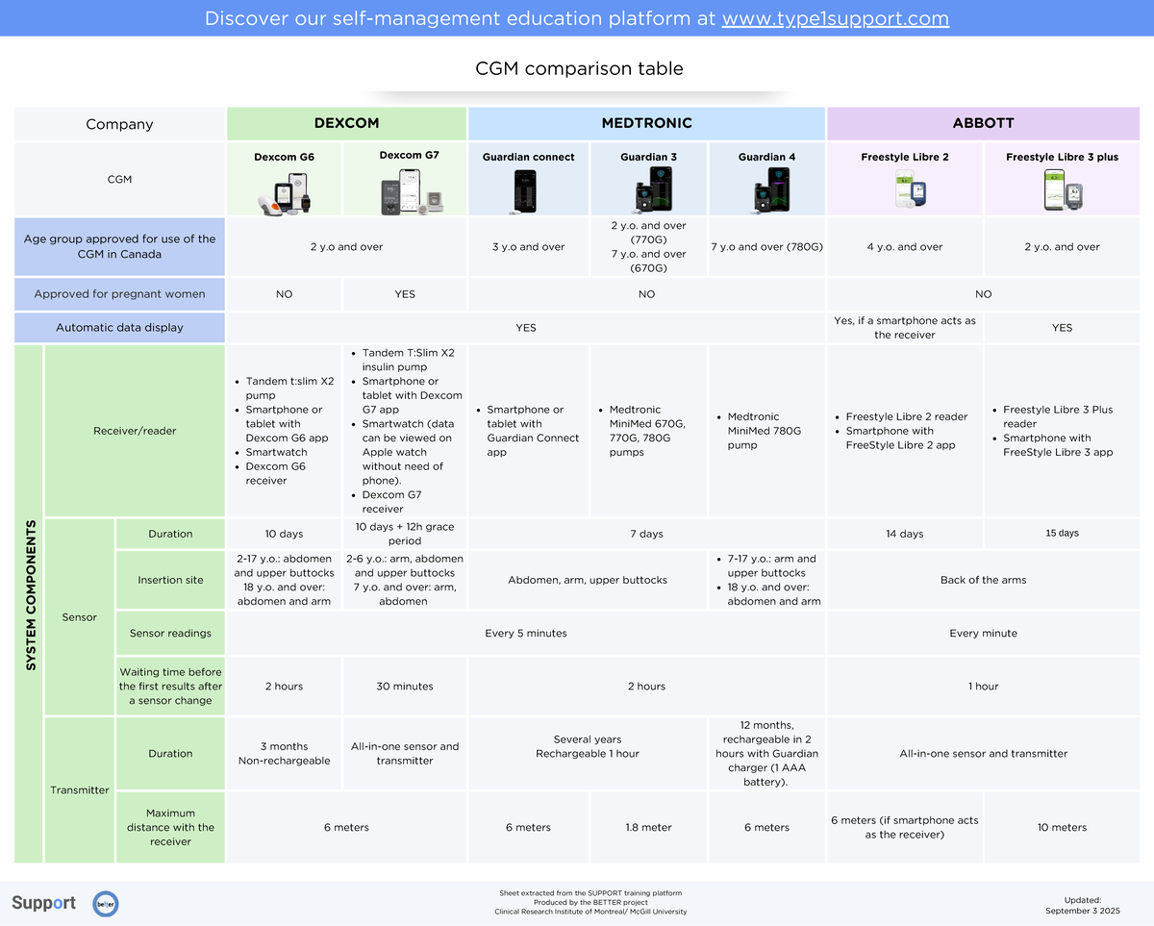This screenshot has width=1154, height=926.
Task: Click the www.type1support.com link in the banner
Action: (835, 19)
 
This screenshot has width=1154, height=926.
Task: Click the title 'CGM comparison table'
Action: (579, 69)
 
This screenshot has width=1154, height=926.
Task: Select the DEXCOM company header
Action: (346, 123)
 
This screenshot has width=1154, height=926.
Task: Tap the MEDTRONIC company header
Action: (646, 123)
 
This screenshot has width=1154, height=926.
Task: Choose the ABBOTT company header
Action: (983, 123)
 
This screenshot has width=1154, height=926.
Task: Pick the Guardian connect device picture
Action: (525, 190)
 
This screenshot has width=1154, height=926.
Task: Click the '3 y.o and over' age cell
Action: (528, 247)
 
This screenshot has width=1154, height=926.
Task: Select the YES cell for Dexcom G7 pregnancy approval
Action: (405, 294)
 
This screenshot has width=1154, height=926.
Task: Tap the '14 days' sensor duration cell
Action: (904, 534)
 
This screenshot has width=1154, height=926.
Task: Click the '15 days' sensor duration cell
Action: (1062, 534)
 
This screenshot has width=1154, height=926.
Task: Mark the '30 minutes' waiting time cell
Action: (405, 687)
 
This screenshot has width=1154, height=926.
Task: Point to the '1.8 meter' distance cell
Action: (648, 827)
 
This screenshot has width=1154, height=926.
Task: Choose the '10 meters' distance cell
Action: (1062, 827)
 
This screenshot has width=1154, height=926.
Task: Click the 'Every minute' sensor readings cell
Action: (983, 634)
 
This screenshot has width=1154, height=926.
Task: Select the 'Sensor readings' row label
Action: (170, 634)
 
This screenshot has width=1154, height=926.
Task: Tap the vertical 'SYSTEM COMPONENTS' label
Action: (31, 596)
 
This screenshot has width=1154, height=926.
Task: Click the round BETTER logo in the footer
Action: (106, 904)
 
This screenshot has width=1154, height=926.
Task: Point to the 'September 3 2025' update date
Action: (1082, 911)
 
